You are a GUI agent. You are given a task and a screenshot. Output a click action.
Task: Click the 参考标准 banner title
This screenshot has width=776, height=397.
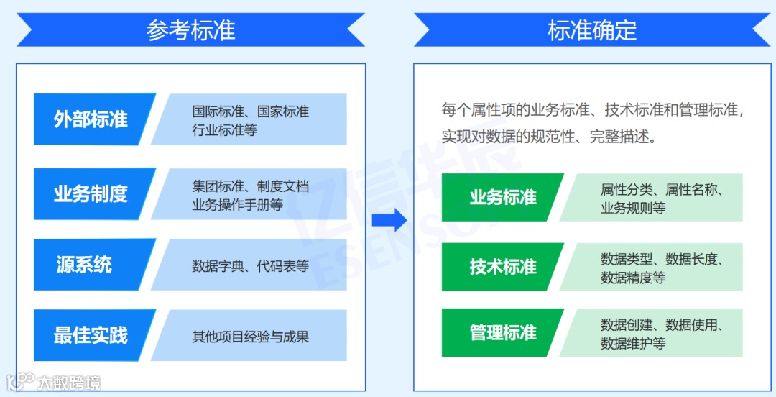[x=190, y=30]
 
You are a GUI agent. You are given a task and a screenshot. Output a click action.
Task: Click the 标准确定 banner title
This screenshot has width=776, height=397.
[x=592, y=30]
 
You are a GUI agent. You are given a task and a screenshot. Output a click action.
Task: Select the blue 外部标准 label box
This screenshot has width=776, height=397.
[x=91, y=119]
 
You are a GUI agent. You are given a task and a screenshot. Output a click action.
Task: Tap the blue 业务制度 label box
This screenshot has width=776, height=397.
[x=91, y=193]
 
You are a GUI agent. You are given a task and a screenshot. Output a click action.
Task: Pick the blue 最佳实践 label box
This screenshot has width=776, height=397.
[x=91, y=335]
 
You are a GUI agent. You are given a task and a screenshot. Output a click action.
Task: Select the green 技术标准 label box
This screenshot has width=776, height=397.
[x=503, y=267]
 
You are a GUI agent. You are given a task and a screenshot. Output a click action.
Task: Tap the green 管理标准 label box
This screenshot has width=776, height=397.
[x=503, y=333]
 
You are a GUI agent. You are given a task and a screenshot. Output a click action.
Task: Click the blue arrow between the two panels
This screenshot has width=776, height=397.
[x=389, y=219]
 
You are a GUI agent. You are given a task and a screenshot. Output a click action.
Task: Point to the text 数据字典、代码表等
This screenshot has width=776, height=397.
[x=250, y=265]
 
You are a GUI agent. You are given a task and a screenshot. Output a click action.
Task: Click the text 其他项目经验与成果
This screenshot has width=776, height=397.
[x=250, y=336]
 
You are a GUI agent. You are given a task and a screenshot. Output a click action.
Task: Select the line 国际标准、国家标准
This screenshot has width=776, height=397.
[x=250, y=111]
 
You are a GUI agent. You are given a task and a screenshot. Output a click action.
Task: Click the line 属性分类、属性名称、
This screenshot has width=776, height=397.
[x=661, y=190]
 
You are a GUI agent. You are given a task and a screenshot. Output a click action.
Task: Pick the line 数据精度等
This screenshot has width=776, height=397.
[x=633, y=277]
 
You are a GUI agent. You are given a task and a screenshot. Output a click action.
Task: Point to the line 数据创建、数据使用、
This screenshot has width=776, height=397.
[x=661, y=325]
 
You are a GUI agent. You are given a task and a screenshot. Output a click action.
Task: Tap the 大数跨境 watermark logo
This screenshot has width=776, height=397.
[x=54, y=382]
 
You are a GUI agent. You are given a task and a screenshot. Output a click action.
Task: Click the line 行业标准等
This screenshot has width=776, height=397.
[x=224, y=130]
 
